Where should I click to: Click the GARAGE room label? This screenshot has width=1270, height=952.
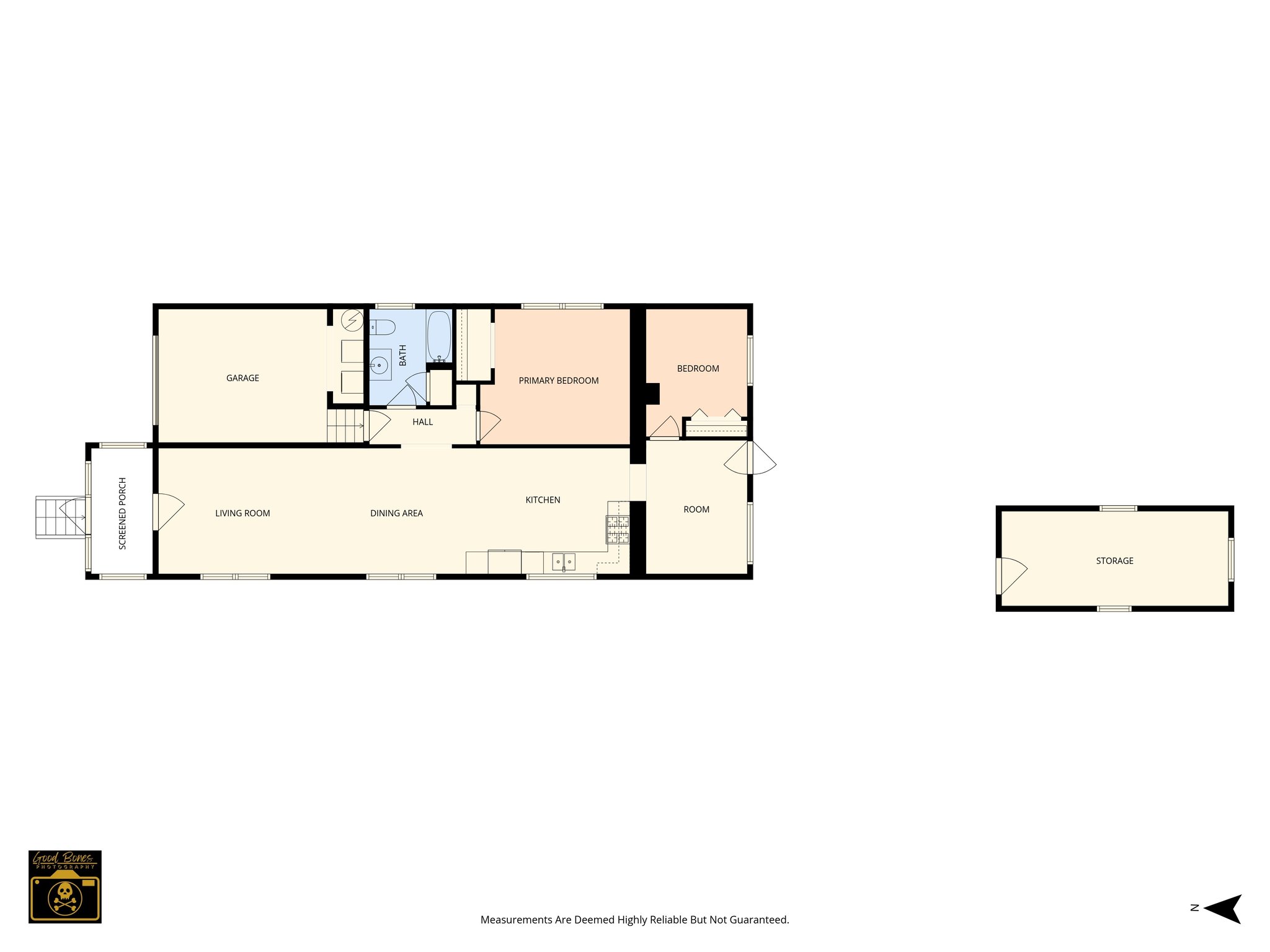click(242, 378)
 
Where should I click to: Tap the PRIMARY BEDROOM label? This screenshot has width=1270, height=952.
click(559, 381)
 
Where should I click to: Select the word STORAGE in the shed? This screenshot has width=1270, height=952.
click(1114, 561)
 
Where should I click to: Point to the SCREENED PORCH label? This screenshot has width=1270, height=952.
click(122, 513)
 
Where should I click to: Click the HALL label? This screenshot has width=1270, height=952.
click(423, 422)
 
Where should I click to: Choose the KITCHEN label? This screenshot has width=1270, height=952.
click(543, 500)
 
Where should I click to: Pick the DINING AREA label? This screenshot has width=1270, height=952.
click(396, 513)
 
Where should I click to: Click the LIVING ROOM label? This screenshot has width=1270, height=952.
click(242, 513)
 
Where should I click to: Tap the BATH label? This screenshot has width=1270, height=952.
click(402, 355)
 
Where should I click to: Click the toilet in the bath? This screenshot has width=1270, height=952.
click(383, 327)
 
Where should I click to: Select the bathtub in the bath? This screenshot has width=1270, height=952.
click(439, 336)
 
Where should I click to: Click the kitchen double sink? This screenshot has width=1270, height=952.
click(563, 562)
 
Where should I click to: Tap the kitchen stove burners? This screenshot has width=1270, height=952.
click(618, 529)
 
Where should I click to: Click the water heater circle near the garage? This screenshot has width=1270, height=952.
click(353, 320)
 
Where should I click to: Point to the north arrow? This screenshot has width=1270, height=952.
click(1221, 909)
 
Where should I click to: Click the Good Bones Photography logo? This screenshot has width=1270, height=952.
click(65, 886)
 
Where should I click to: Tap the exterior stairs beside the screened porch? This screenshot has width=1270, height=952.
click(60, 517)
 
